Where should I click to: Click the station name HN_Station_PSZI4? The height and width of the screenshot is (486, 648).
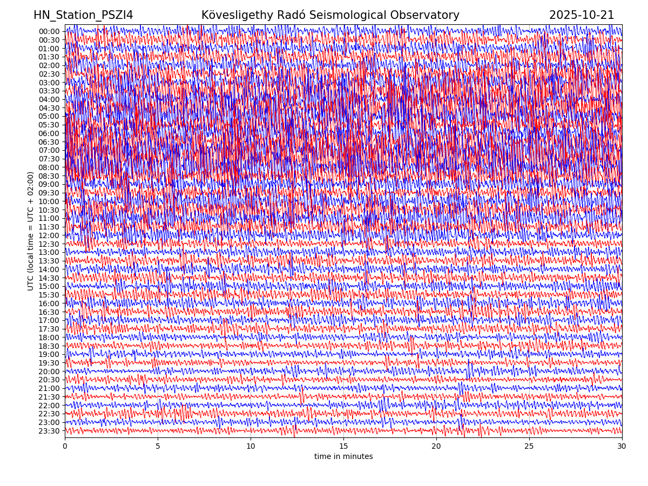click(x=83, y=15)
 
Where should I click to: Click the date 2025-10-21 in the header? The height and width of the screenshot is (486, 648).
click(x=582, y=15)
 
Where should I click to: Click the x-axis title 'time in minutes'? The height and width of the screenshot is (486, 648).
click(x=343, y=456)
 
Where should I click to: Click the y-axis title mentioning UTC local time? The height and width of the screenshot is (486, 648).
click(x=31, y=231)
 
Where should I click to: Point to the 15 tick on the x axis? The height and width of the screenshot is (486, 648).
click(x=343, y=447)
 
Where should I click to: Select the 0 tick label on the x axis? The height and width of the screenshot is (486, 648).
click(x=65, y=447)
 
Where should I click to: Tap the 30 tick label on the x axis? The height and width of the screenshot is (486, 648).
click(x=622, y=447)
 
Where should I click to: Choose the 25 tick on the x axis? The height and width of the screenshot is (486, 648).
click(x=529, y=447)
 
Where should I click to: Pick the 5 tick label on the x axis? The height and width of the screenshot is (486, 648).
click(x=158, y=447)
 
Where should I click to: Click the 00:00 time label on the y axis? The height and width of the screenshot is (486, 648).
click(x=49, y=31)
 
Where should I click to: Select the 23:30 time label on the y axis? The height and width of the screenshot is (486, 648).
click(x=49, y=431)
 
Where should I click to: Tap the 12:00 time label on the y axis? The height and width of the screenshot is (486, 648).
click(x=49, y=235)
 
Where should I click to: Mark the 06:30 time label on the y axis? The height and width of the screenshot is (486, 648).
click(x=49, y=142)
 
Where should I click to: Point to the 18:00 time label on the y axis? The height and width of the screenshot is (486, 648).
click(x=49, y=337)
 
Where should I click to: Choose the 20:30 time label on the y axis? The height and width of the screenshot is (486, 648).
click(x=49, y=380)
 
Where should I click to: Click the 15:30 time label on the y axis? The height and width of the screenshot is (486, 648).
click(x=49, y=295)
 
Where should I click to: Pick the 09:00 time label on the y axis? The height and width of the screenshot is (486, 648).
click(x=49, y=184)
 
